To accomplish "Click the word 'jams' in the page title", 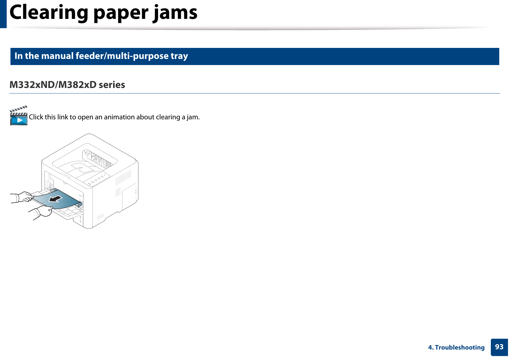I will click(x=175, y=13).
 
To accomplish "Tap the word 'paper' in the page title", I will click(x=121, y=13).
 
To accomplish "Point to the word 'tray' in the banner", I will click(x=179, y=56).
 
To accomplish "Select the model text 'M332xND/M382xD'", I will click(x=53, y=85).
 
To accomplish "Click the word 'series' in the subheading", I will click(x=112, y=85).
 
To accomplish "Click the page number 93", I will click(x=499, y=347).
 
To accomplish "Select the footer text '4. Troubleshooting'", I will click(x=456, y=348).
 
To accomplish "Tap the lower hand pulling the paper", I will click(x=42, y=211).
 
